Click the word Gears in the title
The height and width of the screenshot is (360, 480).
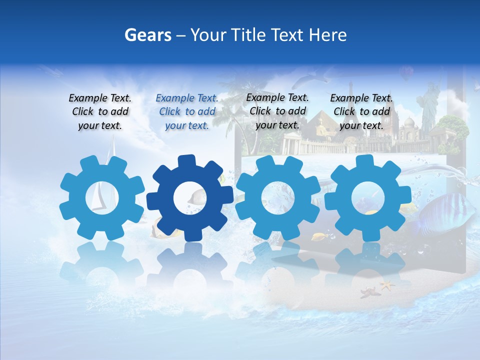coord(147,35)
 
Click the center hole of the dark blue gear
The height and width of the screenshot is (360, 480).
coord(190,198)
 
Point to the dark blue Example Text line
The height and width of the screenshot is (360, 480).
coord(187,98)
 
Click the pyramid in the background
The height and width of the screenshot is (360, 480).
coord(320,125)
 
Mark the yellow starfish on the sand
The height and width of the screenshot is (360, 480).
coord(386,285)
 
